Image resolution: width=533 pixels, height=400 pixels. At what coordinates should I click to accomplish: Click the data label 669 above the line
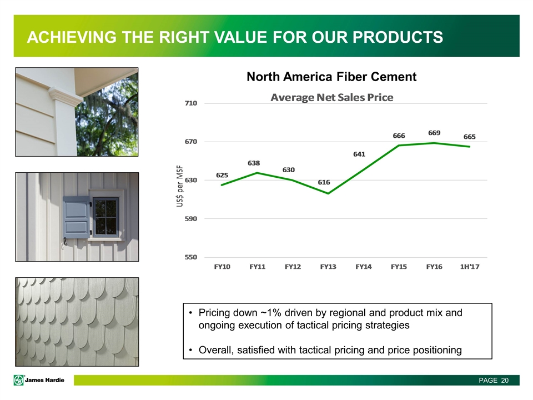tap(434, 133)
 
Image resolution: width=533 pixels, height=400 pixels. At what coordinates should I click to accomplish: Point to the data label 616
tap(324, 182)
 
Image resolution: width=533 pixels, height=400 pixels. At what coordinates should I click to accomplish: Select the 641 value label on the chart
tap(359, 154)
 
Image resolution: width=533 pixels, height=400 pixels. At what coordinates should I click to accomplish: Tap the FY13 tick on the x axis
tap(328, 267)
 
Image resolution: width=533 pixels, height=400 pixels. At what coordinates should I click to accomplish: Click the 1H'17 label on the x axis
tap(470, 267)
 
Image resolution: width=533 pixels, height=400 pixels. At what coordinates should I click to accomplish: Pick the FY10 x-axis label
tap(222, 267)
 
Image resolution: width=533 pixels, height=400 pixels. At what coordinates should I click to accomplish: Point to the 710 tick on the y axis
tap(190, 103)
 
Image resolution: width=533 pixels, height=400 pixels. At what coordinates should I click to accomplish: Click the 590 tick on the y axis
tap(190, 218)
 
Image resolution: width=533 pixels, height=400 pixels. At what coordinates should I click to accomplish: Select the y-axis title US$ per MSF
tap(179, 186)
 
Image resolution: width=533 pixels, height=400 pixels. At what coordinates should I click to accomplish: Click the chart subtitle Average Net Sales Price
tap(332, 98)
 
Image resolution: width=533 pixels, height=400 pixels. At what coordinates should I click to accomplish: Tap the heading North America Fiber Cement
tap(331, 77)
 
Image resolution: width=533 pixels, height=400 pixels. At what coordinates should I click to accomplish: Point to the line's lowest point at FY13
tap(328, 193)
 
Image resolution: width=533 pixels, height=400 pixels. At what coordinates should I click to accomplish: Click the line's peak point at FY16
tap(434, 143)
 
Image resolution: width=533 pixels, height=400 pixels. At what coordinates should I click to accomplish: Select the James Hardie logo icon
tap(19, 380)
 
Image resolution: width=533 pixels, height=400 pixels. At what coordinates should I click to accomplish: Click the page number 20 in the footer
tap(505, 380)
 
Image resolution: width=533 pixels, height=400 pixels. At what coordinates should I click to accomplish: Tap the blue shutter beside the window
tap(77, 217)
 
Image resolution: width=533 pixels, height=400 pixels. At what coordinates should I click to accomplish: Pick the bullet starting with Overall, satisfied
tap(330, 350)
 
